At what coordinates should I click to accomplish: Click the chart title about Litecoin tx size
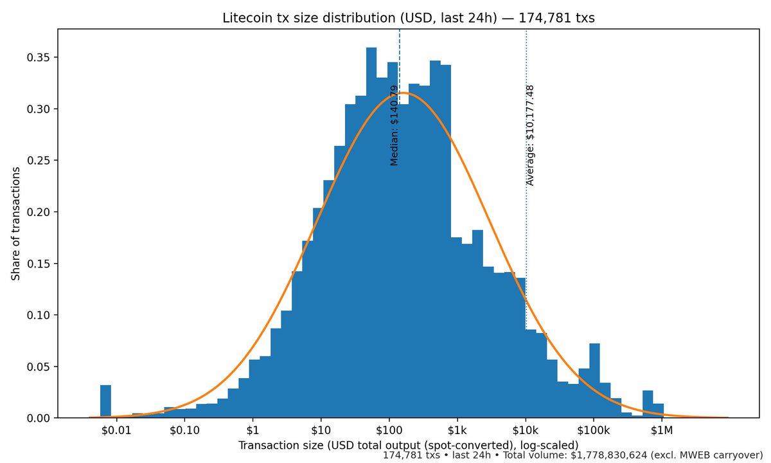coord(409,18)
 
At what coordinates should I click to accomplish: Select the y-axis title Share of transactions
coord(15,224)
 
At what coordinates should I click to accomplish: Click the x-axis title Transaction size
coord(409,445)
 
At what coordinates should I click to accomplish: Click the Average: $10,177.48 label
coord(530,135)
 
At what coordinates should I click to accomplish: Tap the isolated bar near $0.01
coord(105,402)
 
